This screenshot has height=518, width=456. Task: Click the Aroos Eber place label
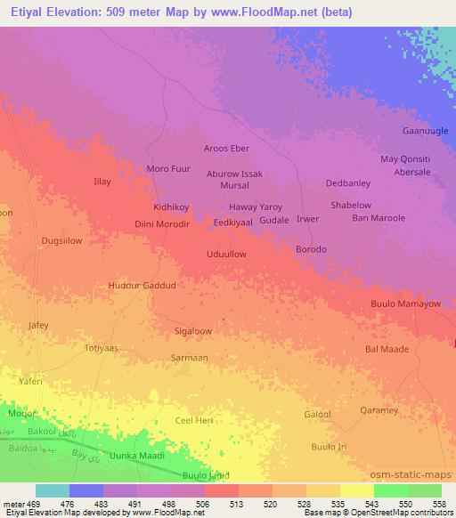pos(226,148)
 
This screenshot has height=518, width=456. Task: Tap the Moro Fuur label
pos(168,168)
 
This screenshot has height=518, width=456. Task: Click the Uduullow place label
pos(226,254)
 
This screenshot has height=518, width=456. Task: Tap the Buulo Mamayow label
pos(405,304)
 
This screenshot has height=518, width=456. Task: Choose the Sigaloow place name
pos(192,330)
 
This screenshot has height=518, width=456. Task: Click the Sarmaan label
pos(189,357)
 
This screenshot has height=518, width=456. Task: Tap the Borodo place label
pos(311,249)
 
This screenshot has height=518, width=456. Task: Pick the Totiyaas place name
pos(101,348)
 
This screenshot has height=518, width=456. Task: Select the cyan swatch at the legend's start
pos(53,490)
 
